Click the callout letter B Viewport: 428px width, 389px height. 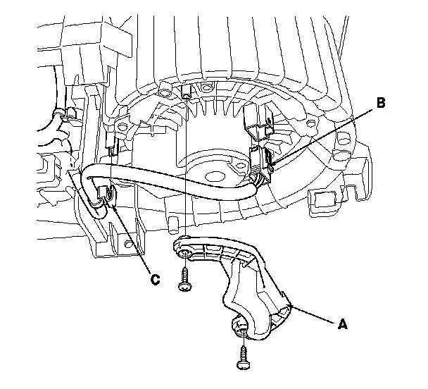coord(380,103)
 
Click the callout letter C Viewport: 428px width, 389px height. coord(155,279)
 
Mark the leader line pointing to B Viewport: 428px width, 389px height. coord(324,133)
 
